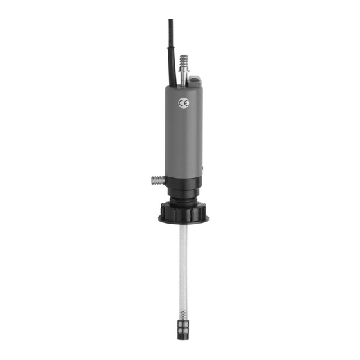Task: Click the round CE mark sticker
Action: [184, 104]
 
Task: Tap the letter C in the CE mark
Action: [181, 104]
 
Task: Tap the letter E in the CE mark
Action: [186, 104]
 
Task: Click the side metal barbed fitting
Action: [158, 180]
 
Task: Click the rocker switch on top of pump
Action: [194, 81]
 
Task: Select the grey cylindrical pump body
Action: [184, 132]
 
